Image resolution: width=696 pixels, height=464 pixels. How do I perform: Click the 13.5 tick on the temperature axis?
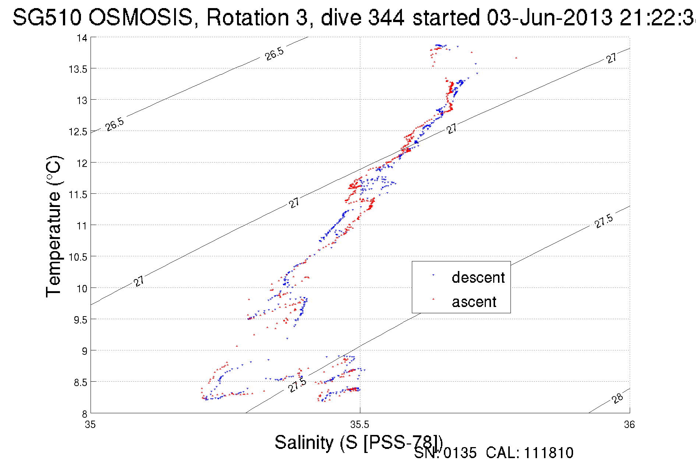(77, 69)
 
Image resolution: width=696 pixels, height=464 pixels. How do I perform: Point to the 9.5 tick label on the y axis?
(80, 320)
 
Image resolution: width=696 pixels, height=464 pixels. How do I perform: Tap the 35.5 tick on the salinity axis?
(360, 425)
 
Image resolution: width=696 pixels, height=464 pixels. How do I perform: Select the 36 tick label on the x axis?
(629, 425)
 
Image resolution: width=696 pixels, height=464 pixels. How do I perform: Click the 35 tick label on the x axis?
(90, 425)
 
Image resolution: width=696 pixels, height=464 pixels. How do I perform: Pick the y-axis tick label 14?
(82, 38)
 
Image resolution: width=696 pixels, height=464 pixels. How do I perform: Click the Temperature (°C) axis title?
(54, 226)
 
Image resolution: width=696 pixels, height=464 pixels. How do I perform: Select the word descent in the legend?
(478, 278)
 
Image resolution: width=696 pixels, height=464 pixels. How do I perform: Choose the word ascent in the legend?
(474, 302)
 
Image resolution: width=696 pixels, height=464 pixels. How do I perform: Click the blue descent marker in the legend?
(433, 275)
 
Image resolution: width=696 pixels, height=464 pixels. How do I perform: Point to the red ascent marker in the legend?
(433, 299)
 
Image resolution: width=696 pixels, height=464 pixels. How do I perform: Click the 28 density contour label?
(618, 398)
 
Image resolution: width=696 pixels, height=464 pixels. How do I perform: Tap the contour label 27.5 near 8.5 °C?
(297, 385)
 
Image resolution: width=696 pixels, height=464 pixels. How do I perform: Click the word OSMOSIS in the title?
(141, 17)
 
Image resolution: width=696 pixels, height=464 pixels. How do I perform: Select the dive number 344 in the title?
(386, 17)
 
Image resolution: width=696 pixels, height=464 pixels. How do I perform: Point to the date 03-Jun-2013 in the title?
(550, 17)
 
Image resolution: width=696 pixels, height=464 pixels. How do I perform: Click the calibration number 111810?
(548, 453)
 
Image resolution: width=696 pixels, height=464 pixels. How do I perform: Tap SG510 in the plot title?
(47, 17)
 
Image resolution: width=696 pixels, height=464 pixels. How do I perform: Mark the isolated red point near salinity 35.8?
(516, 58)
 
